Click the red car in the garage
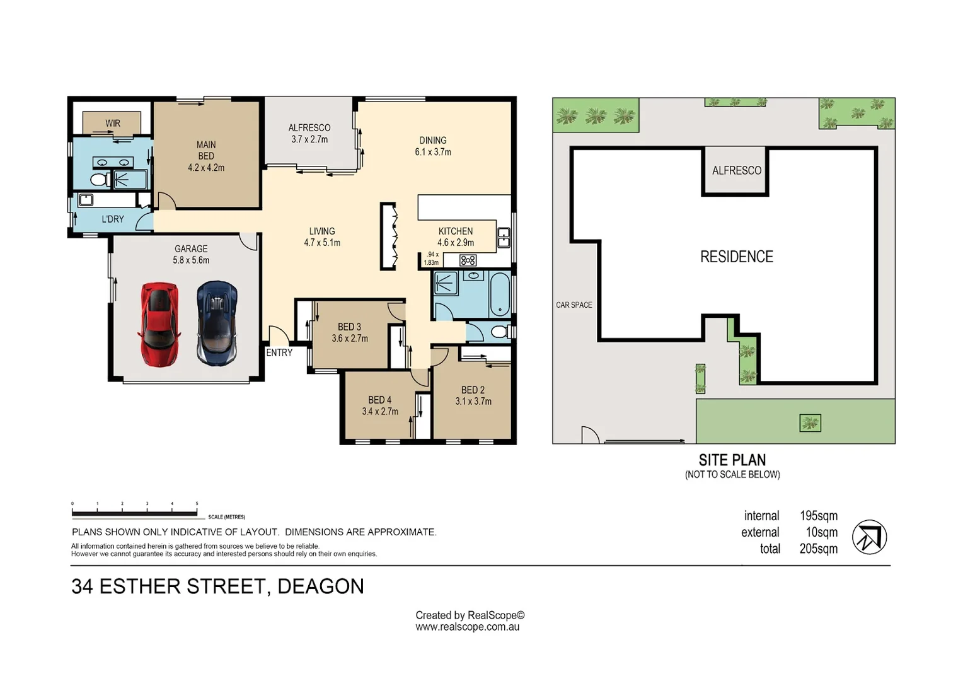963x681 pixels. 159,324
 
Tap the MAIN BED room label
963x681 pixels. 206,156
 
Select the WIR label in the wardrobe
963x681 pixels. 113,124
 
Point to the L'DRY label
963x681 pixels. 113,219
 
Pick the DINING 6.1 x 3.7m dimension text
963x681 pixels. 433,152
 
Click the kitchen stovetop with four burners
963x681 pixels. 468,260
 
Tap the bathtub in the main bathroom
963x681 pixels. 500,294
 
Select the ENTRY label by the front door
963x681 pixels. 279,352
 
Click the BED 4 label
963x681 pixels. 380,400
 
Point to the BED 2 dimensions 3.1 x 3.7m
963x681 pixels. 473,401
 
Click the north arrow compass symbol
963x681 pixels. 870,537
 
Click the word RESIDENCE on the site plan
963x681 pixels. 736,257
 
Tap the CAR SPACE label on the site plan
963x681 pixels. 574,305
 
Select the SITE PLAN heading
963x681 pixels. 732,460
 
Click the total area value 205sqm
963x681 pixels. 819,549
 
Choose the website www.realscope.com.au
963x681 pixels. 467,627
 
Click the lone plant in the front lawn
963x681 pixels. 810,423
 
